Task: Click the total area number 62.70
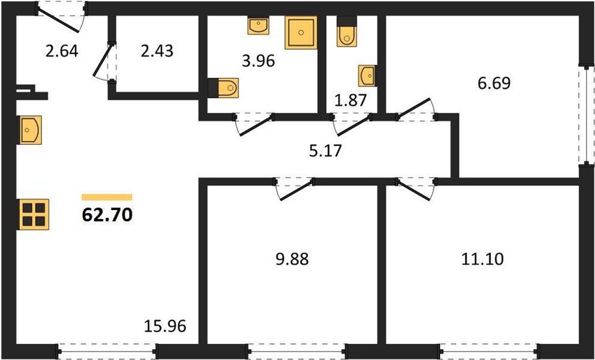coord(107,215)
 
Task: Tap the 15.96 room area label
coord(165,326)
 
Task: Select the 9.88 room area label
coord(292,260)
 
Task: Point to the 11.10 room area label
coord(482,259)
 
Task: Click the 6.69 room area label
coord(494,83)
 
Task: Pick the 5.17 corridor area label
coord(325,151)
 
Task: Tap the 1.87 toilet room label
coord(351,101)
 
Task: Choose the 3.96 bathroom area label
coord(258,61)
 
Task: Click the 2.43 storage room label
coord(157,51)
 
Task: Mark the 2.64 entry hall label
coord(62,51)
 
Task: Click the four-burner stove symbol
coord(34,214)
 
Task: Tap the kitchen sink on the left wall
coord(29,130)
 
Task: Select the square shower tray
coord(301,32)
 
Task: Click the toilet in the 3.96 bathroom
coord(223,88)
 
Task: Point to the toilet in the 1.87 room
coord(347,31)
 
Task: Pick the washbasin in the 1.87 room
coord(367,76)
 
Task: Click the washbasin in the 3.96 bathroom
coord(258,25)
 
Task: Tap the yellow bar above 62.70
coord(107,197)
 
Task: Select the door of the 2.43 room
coord(104,62)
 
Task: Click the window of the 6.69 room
coord(587,115)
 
